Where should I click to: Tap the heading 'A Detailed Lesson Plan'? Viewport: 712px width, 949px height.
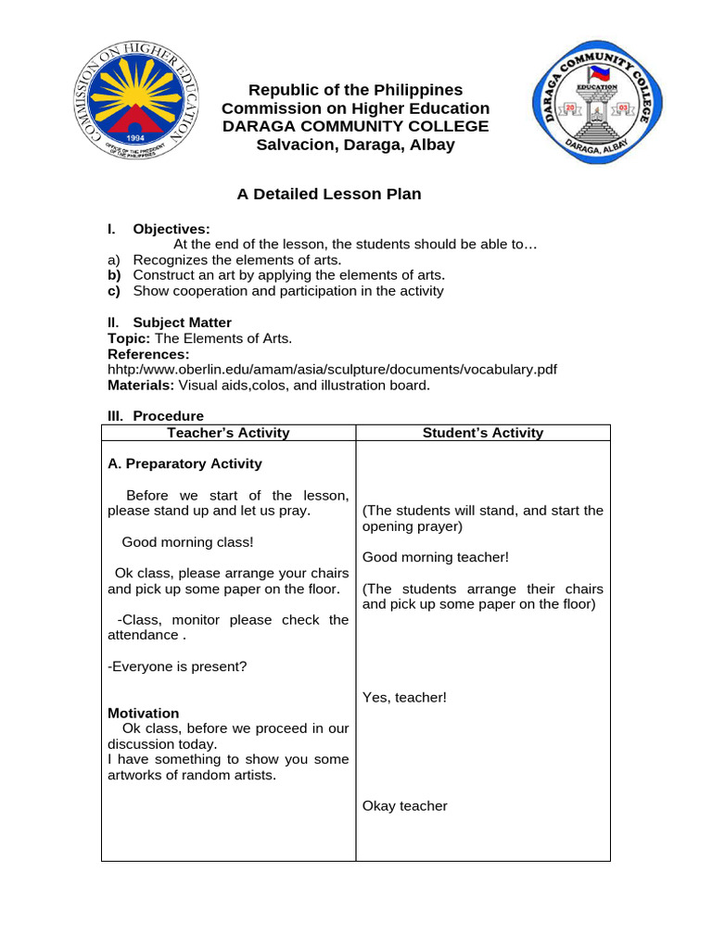point(329,194)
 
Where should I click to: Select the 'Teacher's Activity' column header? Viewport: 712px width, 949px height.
point(228,433)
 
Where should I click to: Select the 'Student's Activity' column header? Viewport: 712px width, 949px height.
point(483,433)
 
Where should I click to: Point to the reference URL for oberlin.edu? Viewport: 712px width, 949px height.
point(333,369)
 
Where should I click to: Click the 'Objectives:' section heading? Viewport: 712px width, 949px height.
point(172,229)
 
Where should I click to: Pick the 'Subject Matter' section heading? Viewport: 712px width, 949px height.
point(182,323)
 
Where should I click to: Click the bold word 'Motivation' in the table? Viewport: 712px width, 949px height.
point(144,713)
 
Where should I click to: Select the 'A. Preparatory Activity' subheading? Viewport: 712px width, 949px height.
point(184,463)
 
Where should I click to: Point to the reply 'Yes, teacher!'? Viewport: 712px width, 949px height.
point(404,697)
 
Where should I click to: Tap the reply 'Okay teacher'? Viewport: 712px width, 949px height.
point(404,806)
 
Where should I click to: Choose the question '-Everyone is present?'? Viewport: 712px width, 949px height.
point(177,666)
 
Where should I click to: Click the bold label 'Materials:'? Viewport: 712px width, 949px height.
point(141,385)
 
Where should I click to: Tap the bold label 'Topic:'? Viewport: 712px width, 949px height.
point(129,338)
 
